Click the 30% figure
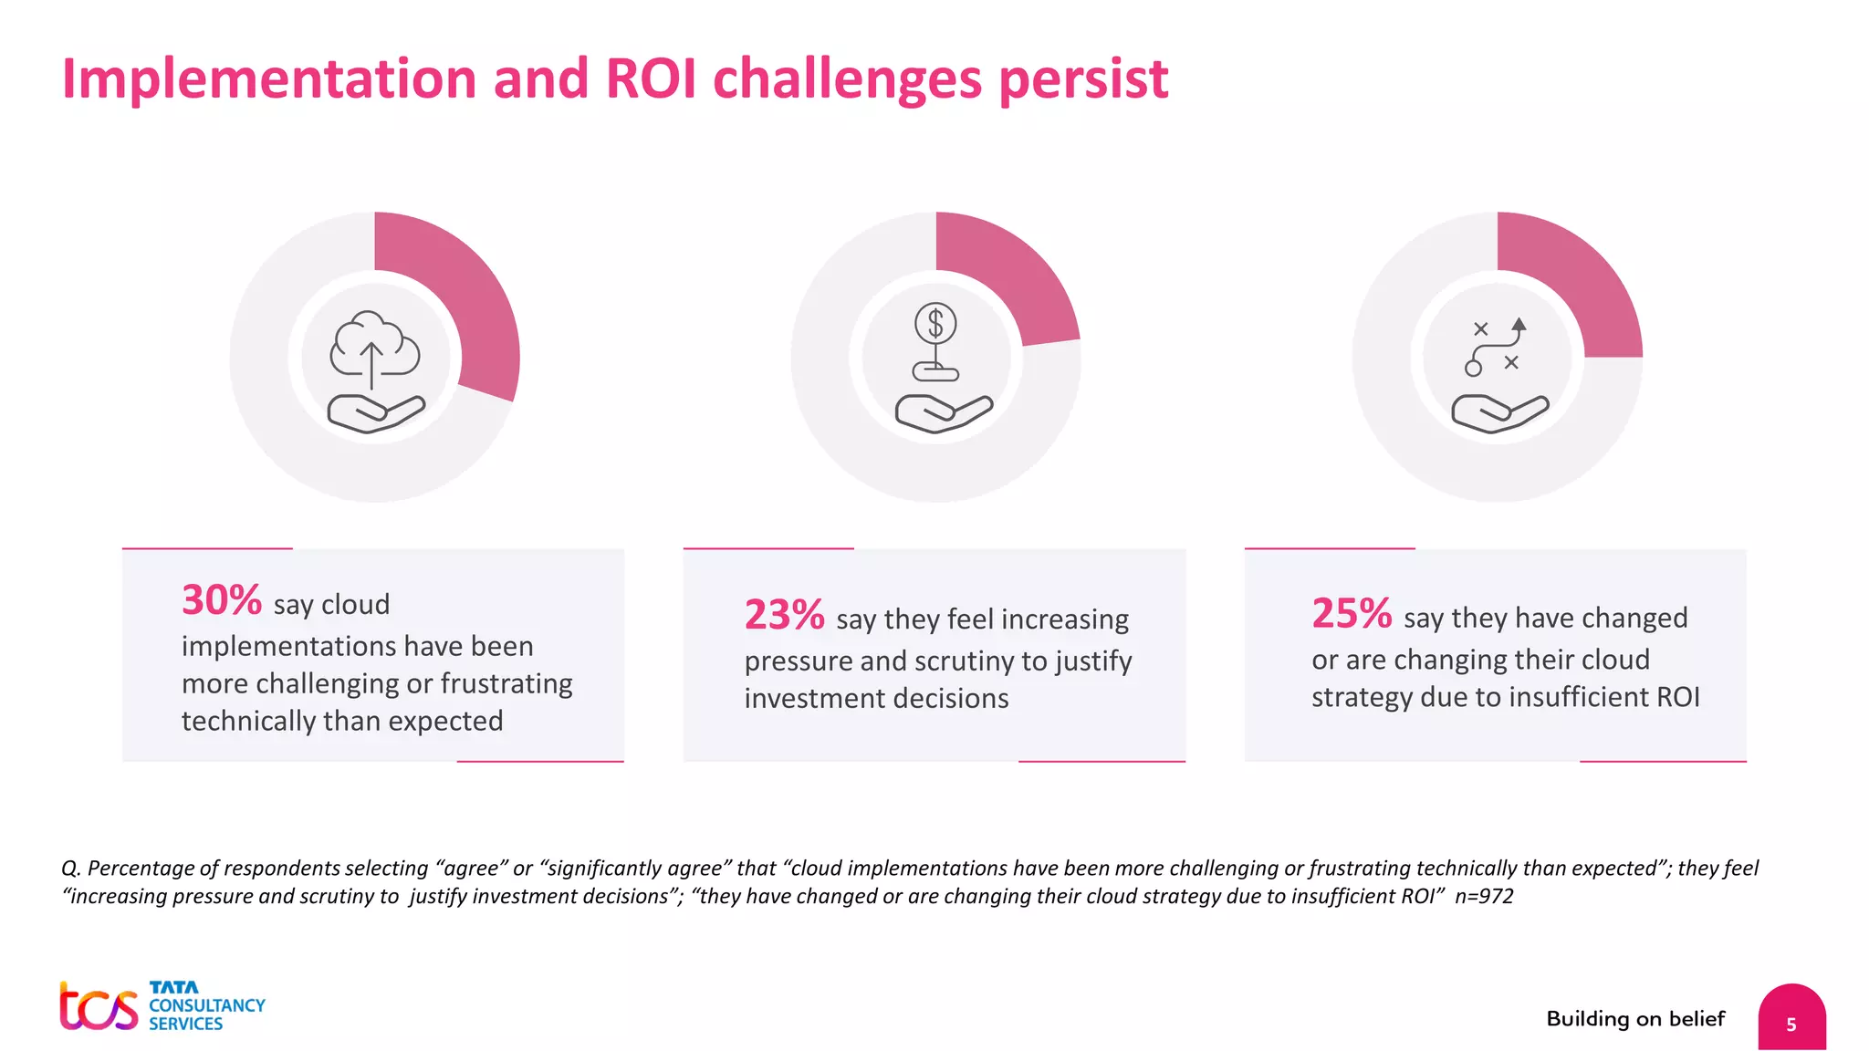point(221,600)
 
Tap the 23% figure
point(784,615)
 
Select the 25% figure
point(1352,613)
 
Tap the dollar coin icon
point(935,324)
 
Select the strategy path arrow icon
point(1497,347)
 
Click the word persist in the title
point(1083,80)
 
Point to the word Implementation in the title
point(269,80)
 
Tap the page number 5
point(1791,1025)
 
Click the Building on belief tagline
point(1635,1019)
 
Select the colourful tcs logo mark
point(98,1007)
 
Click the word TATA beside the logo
point(173,987)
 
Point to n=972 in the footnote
point(1484,897)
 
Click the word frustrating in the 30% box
point(506,683)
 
